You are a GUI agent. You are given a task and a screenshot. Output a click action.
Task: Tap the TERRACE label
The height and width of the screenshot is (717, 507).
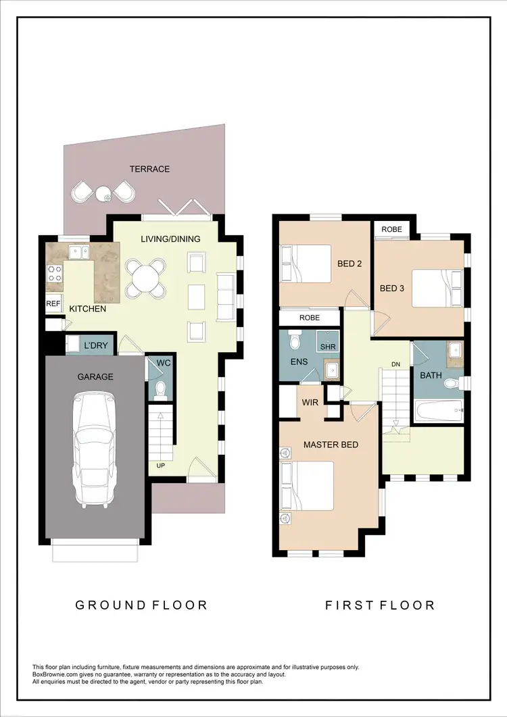coord(150,169)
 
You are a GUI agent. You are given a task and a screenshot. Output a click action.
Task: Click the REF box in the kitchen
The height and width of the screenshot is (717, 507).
coord(53,304)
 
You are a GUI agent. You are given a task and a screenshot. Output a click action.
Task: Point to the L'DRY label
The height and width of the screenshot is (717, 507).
coord(95,346)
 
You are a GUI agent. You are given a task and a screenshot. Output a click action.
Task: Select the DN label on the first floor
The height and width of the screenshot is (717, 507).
coord(395,365)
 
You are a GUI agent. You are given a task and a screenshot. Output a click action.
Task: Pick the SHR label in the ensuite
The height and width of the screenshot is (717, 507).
coord(328,347)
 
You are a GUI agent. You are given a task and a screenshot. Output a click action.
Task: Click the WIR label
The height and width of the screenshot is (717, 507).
coord(310,402)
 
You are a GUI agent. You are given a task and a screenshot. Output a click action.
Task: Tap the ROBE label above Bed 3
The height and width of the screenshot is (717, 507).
coord(391,230)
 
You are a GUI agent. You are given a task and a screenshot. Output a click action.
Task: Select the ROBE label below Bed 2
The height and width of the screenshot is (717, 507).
coord(309,318)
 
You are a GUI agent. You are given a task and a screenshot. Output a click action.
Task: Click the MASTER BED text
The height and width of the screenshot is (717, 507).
coord(331,445)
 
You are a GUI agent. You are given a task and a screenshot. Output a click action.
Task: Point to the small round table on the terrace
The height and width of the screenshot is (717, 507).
coord(104,195)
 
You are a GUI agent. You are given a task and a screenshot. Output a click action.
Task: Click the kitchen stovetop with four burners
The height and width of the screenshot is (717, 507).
coord(55,274)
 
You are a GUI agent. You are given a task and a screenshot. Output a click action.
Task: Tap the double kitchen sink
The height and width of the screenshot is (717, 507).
coord(78,252)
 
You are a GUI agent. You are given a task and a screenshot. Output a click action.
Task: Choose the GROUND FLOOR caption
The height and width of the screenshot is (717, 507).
coord(141,605)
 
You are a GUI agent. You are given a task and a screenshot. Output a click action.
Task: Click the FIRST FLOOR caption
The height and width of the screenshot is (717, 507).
coord(380,605)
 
